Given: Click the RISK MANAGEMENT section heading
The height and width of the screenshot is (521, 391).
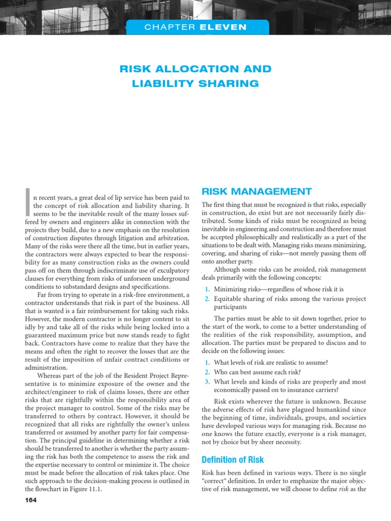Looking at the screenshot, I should (257, 191).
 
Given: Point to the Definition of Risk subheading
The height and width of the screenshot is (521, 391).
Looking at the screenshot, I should (233, 459).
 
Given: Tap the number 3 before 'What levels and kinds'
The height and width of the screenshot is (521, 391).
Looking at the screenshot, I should (207, 381).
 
